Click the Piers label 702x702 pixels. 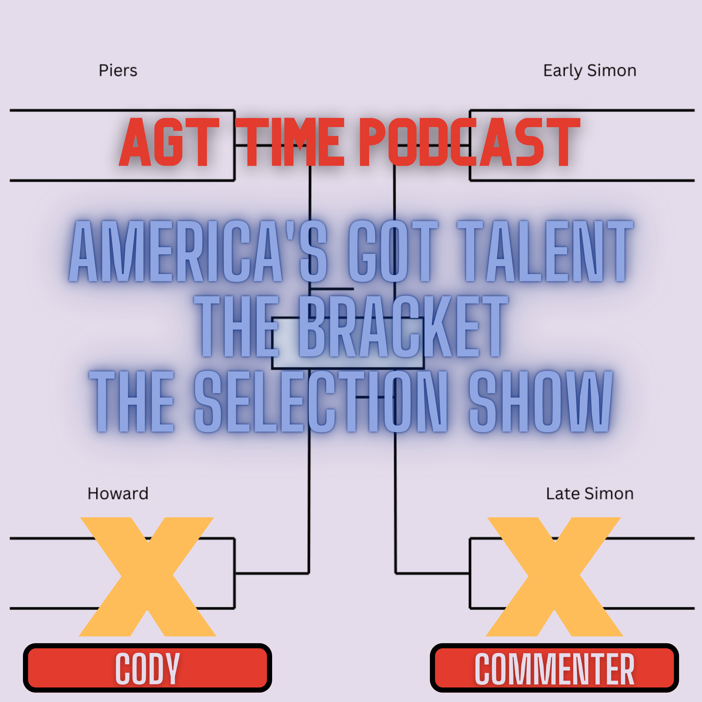coord(118,70)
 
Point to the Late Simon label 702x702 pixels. coord(590,494)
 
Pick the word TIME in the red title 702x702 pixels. coord(290,142)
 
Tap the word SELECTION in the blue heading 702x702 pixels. coord(321,402)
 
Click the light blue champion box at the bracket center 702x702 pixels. coord(348,343)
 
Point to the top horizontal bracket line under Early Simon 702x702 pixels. coord(582,110)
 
